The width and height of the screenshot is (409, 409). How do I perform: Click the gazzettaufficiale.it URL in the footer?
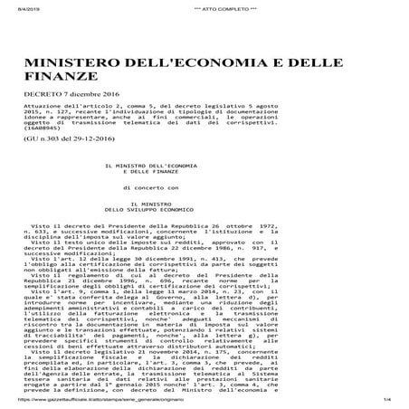(100, 401)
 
